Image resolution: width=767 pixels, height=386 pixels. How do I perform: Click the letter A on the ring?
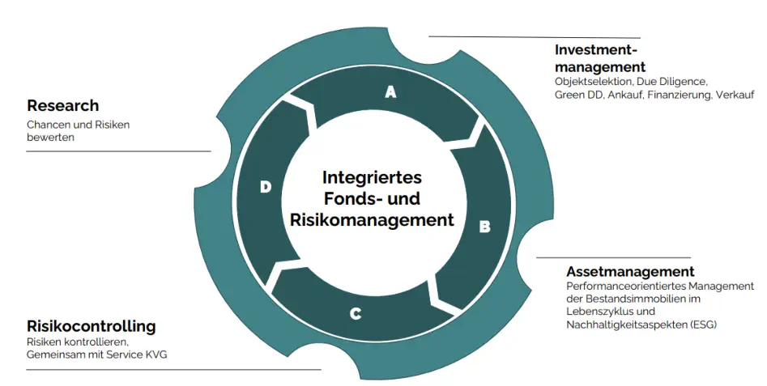[x=390, y=92]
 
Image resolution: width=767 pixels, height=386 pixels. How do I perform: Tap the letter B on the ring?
[x=484, y=227]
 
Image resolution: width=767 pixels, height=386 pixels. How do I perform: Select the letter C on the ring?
[x=355, y=313]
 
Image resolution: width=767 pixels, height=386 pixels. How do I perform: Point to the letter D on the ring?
[x=266, y=187]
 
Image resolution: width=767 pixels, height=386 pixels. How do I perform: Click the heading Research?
[x=62, y=105]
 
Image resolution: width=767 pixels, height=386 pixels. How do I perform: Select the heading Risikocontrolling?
[x=91, y=326]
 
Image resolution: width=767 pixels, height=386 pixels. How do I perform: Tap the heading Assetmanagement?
[x=630, y=271]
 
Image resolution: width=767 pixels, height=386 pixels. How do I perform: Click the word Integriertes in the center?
[x=372, y=177]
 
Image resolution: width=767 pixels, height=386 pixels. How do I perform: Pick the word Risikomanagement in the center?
[x=373, y=219]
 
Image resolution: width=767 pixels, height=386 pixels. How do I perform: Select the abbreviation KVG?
[x=154, y=355]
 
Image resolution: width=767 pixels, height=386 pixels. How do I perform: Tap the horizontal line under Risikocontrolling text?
[x=173, y=369]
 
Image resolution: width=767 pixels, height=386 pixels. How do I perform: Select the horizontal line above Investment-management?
[x=535, y=36]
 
